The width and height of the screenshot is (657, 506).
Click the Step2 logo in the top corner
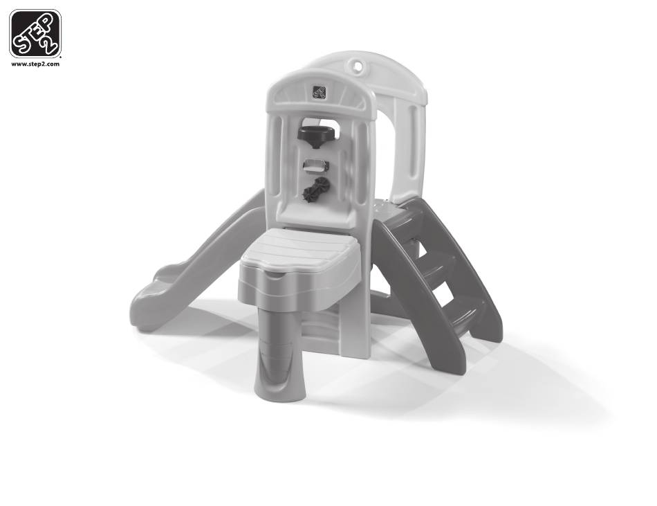coord(35,33)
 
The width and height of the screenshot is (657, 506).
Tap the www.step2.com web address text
coord(35,64)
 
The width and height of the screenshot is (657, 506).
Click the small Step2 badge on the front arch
coord(320,92)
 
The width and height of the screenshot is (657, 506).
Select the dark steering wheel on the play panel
coord(316,135)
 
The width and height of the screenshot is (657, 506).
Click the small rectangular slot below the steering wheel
coord(316,165)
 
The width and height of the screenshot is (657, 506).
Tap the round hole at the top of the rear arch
coord(358,66)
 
